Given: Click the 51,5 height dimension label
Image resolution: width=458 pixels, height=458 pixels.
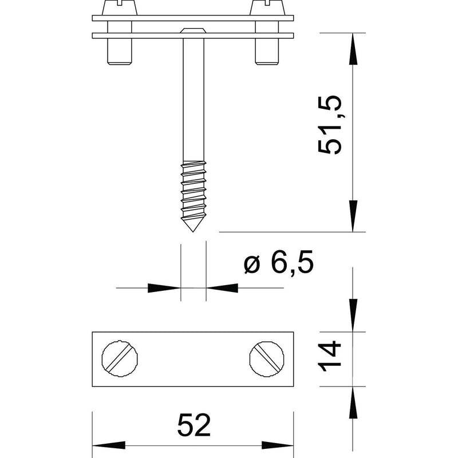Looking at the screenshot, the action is pyautogui.click(x=330, y=125).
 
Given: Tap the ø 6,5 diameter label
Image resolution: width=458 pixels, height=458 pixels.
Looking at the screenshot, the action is pyautogui.click(x=278, y=262).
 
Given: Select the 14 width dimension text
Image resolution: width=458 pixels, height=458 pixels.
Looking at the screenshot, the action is pyautogui.click(x=330, y=356).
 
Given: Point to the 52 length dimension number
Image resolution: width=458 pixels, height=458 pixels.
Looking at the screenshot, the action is pyautogui.click(x=194, y=425).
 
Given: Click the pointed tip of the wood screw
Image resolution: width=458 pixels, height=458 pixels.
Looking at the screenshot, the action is pyautogui.click(x=193, y=232).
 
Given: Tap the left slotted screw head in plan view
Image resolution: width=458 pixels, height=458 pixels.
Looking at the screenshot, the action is pyautogui.click(x=120, y=359).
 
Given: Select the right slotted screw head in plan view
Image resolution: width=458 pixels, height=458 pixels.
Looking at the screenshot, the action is pyautogui.click(x=267, y=359).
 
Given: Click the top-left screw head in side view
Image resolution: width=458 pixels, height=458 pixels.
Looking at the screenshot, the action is pyautogui.click(x=120, y=7).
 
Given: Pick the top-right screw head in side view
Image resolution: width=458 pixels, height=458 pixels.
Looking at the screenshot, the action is pyautogui.click(x=267, y=7).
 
